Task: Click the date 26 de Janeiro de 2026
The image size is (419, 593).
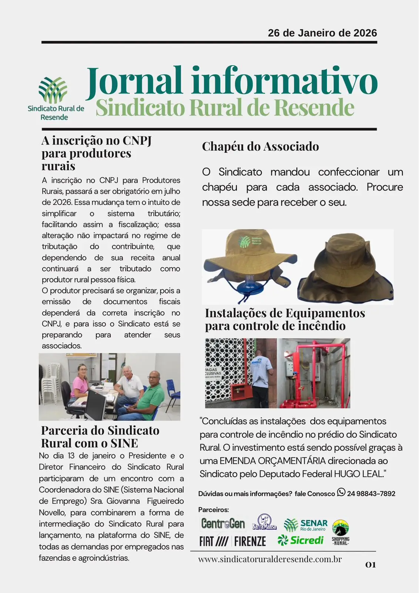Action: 322,33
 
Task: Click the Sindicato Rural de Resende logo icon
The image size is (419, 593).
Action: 53,90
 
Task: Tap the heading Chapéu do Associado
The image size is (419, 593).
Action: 260,146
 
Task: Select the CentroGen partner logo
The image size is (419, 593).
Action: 223,523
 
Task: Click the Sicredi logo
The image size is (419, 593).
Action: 301,540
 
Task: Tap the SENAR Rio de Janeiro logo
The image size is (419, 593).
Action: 306,525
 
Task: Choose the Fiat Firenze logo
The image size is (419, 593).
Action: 232,541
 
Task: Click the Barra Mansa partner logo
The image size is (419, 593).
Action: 264,523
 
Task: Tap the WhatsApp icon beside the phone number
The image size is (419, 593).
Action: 341,492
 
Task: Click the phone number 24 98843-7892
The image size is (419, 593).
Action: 371,494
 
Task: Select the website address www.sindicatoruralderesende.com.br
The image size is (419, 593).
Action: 270,559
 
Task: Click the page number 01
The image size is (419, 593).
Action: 371,564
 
